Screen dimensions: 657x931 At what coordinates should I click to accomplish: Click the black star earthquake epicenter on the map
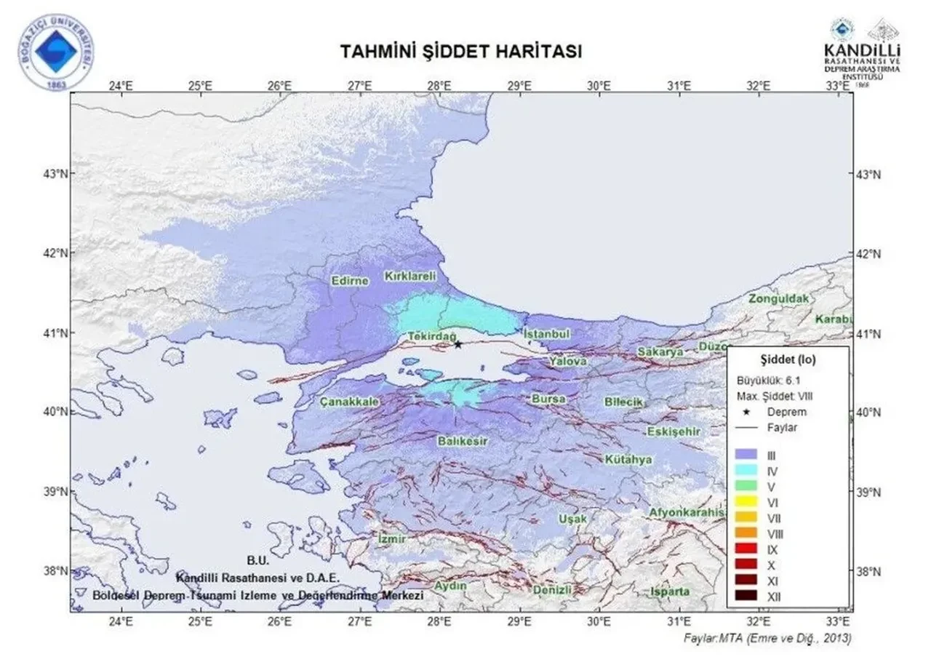point(457,343)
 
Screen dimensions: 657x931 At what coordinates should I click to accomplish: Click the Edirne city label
point(350,282)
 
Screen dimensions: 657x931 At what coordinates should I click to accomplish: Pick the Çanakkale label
point(348,402)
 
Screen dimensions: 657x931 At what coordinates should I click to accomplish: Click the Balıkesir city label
point(463,441)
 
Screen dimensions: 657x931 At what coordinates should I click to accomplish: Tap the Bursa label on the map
point(549,399)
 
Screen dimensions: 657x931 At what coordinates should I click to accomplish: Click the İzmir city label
point(392,538)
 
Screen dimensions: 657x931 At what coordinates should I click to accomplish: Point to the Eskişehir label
point(674,431)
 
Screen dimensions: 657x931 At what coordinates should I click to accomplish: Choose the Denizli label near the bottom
point(552,589)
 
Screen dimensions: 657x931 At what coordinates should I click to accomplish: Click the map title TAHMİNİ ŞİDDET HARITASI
point(461,52)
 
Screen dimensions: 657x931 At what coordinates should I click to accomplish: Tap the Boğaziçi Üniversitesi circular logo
point(56,52)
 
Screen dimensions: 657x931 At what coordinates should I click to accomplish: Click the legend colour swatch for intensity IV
point(745,471)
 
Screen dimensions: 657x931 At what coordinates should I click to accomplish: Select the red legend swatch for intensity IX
point(745,549)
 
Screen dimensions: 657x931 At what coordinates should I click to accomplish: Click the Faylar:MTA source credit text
point(767,638)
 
